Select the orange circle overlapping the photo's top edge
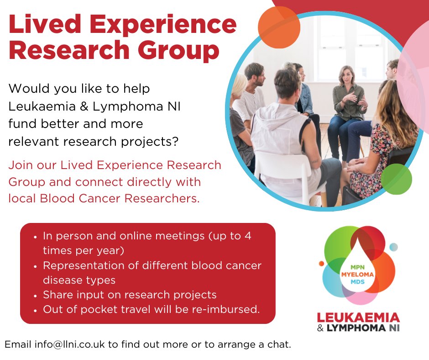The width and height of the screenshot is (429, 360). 279,27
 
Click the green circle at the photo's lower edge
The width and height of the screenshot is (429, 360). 396,179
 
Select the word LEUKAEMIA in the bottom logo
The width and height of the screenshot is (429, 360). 357,318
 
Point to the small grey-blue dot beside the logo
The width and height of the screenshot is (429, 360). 393,247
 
